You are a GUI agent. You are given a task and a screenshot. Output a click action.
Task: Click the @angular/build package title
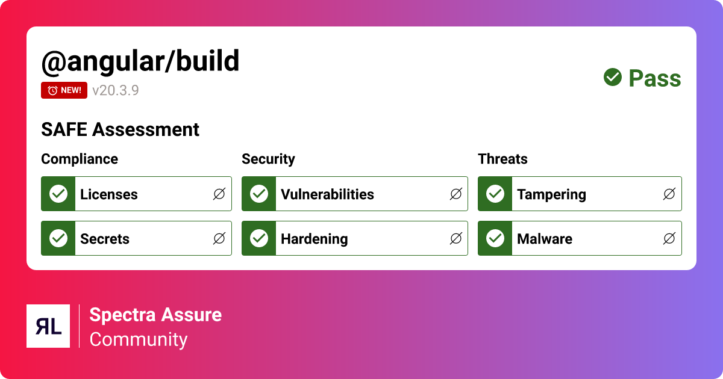[x=140, y=61]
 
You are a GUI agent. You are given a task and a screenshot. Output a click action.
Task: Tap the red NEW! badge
[x=64, y=90]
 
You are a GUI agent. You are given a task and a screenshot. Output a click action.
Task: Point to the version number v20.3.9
[x=116, y=90]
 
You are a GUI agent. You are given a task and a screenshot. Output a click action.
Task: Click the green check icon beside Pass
[x=613, y=77]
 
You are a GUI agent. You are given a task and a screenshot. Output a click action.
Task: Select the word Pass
[x=654, y=78]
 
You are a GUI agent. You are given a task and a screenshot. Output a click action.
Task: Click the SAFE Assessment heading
[x=120, y=129]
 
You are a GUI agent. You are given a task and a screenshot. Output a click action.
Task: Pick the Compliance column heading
[x=80, y=159]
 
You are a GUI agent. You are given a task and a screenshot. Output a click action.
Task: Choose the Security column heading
[x=268, y=159]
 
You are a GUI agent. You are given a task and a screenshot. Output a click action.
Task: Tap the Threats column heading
[x=502, y=159]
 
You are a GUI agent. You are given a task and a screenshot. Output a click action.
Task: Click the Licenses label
[x=109, y=194]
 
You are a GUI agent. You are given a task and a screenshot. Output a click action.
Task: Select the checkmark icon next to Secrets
[x=58, y=238]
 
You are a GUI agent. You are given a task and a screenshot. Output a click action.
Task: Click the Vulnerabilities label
[x=327, y=194]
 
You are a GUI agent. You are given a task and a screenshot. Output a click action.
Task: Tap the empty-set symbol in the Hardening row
[x=456, y=239]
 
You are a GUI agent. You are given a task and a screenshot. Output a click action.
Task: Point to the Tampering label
[x=551, y=194]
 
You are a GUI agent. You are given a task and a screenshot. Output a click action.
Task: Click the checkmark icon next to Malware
[x=495, y=238]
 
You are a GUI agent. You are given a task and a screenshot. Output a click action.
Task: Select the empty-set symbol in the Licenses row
[x=219, y=194]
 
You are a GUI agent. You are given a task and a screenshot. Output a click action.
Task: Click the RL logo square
[x=48, y=326]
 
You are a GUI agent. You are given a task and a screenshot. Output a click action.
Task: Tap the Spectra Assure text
[x=155, y=315]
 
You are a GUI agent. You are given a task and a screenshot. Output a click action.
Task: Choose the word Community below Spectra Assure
[x=139, y=339]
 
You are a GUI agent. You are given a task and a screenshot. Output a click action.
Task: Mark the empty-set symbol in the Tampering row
[x=669, y=194]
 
